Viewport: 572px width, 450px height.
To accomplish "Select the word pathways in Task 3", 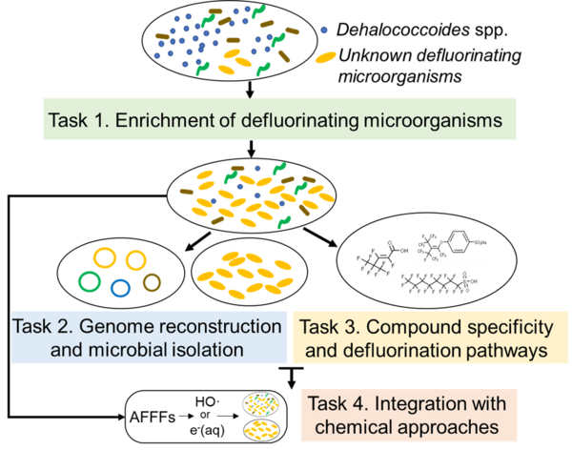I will click(x=496, y=350).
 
